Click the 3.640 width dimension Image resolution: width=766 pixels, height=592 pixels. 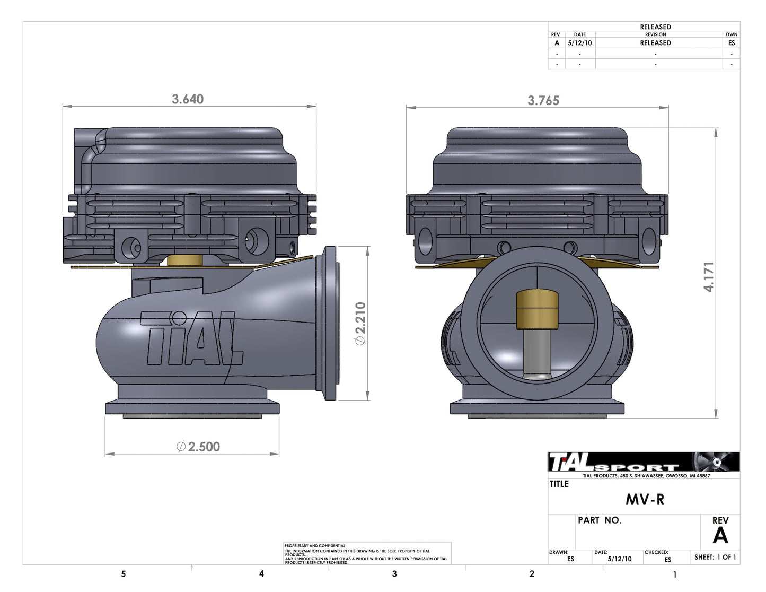(x=188, y=99)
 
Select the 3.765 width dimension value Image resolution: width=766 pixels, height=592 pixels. (x=543, y=100)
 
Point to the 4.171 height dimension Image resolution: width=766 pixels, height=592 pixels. (x=709, y=276)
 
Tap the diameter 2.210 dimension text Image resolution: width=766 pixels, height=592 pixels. (x=360, y=324)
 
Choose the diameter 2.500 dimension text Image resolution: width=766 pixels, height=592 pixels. (x=198, y=447)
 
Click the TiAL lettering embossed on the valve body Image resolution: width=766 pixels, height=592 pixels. (x=191, y=339)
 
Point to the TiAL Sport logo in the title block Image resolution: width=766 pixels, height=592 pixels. (x=615, y=463)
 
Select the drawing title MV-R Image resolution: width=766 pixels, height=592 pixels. (x=645, y=500)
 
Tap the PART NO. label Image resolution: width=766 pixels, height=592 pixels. (x=599, y=520)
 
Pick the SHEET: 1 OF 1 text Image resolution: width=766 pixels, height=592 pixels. (x=715, y=557)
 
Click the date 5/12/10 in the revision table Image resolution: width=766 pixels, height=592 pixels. (x=579, y=43)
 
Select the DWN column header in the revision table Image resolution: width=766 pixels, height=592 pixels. (x=732, y=34)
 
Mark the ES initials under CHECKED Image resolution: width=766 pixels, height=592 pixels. (x=667, y=560)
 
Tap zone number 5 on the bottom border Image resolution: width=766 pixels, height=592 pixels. (x=124, y=574)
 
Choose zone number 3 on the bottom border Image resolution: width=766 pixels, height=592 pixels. (x=394, y=574)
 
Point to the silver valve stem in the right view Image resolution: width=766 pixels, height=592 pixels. (x=536, y=352)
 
